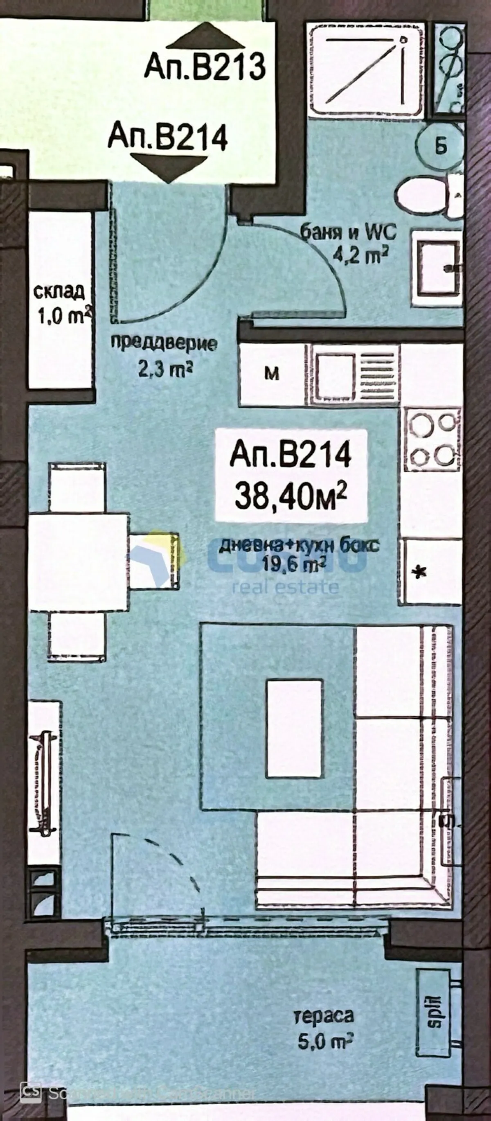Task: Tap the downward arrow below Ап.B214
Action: click(169, 167)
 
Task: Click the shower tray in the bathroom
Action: click(364, 70)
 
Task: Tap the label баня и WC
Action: click(348, 233)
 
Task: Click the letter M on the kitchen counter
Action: click(272, 374)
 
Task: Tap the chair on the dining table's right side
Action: click(154, 561)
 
